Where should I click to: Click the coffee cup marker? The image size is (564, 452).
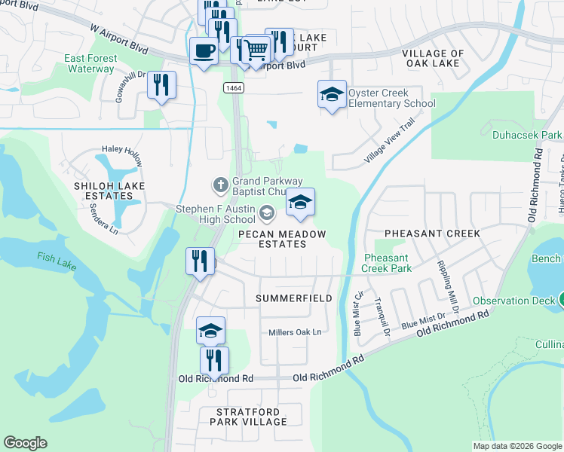204,51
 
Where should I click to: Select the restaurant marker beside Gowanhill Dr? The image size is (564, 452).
161,85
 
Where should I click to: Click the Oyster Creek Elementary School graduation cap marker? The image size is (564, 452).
332,95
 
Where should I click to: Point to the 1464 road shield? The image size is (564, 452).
233,88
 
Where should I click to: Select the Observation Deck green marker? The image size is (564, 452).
559,301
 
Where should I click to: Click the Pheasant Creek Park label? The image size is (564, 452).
385,263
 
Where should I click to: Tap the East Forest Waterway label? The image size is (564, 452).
90,63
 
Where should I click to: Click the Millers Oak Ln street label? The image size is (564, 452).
295,332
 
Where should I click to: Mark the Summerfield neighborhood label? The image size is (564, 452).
293,298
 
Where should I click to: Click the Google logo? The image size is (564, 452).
26,443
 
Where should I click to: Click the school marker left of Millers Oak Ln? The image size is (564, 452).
211,330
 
